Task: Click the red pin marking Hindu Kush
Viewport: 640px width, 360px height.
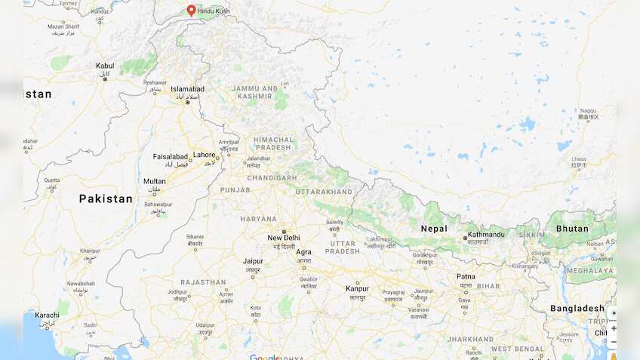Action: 191,11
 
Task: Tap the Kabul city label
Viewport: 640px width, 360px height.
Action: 105,66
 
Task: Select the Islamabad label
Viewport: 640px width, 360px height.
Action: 187,88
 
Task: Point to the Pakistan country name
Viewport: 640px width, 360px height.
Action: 106,199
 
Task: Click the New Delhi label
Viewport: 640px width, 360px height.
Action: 284,238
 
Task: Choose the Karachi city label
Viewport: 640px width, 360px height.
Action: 47,315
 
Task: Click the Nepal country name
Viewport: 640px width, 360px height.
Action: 434,229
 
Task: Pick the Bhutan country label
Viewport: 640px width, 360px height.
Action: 572,229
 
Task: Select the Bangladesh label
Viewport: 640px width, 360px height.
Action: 577,308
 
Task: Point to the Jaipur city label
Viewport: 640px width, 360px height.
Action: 253,261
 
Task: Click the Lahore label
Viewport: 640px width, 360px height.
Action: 204,155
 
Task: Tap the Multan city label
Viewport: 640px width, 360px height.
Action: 155,181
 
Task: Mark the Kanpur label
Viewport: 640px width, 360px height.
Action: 357,288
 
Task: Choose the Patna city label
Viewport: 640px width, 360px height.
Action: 466,276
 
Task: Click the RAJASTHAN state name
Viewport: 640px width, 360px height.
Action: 203,282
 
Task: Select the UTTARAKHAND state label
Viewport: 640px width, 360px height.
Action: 324,192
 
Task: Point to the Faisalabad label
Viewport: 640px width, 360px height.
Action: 170,157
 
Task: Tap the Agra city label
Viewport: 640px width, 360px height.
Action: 303,252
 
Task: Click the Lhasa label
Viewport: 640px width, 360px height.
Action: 578,159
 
